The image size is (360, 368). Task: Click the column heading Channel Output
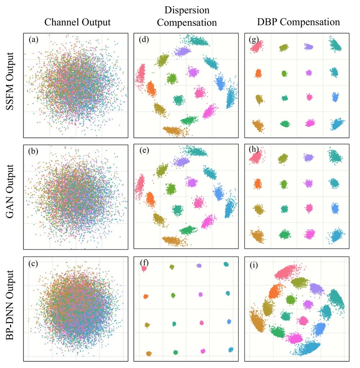(77, 22)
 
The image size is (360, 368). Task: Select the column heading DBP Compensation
(298, 22)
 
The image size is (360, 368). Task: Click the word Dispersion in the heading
(187, 10)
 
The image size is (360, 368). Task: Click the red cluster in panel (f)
(144, 269)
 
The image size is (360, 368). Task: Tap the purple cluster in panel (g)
(309, 46)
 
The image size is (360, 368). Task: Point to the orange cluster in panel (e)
(150, 198)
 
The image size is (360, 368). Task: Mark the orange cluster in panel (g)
(258, 73)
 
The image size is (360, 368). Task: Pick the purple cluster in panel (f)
(199, 265)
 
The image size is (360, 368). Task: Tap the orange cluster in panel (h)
(258, 184)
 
